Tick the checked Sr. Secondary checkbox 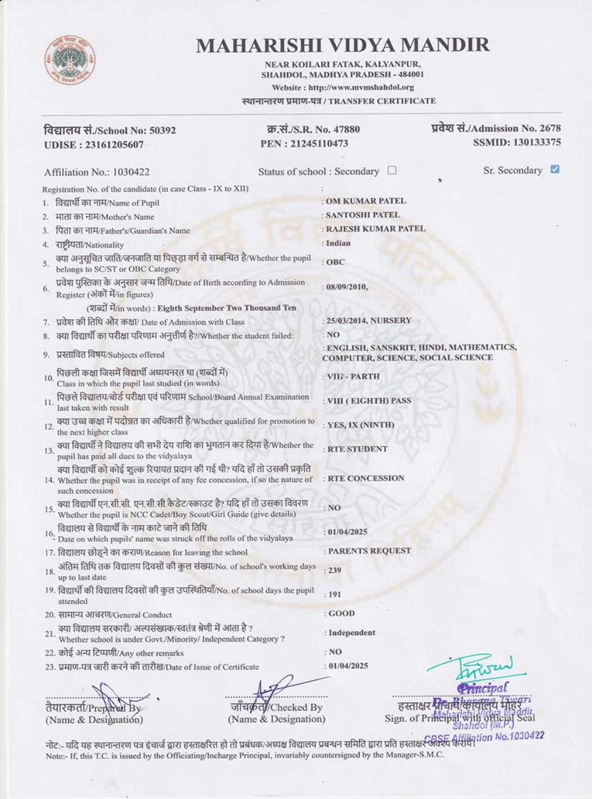click(x=555, y=169)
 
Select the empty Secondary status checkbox click(x=392, y=170)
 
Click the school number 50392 click(x=162, y=130)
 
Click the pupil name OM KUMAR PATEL click(x=366, y=201)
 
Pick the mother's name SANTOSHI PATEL click(x=363, y=215)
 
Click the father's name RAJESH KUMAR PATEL click(x=375, y=228)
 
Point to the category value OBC click(x=336, y=262)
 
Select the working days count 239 click(x=334, y=570)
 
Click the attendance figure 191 click(x=334, y=594)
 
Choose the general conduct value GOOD click(x=342, y=614)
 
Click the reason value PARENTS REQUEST click(x=369, y=551)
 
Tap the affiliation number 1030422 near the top click(x=131, y=172)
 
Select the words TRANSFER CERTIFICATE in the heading click(x=382, y=101)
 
